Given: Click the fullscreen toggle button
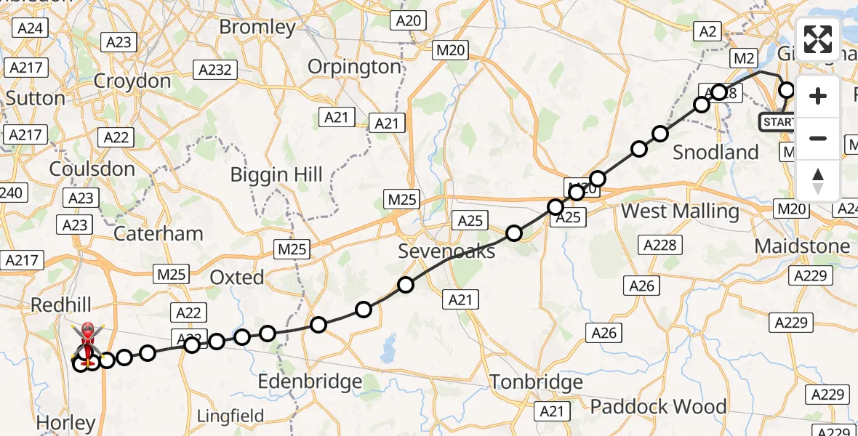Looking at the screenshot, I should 818,39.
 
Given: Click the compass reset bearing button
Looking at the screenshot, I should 818,181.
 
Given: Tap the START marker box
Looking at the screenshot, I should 777,122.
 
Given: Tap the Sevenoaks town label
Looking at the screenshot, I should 446,251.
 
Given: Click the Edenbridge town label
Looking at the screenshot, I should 310,381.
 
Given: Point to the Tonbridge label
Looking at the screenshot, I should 536,381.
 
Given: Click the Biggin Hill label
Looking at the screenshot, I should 276,174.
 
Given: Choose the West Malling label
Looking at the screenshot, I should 681,211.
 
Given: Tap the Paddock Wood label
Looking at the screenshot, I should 658,406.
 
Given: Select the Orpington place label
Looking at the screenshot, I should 354,67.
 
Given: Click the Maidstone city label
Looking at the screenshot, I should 802,246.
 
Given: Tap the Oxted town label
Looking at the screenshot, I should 236,277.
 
